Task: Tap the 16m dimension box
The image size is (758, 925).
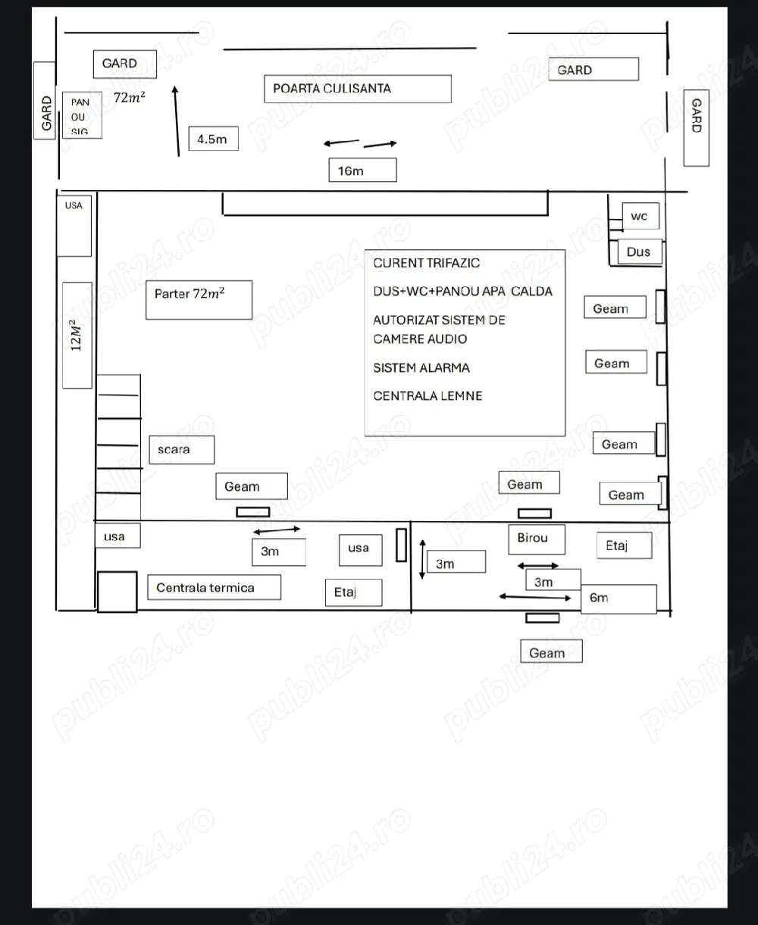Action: tap(362, 170)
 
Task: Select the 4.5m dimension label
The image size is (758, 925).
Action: tap(213, 139)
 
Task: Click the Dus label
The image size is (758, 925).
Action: tap(640, 252)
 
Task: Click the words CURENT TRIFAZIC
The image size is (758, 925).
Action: tap(426, 263)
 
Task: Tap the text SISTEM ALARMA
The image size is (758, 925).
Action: tap(421, 367)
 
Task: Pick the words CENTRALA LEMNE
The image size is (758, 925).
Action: tap(428, 396)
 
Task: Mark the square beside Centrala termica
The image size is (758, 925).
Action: tap(117, 592)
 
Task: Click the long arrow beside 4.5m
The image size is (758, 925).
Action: tap(177, 121)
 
